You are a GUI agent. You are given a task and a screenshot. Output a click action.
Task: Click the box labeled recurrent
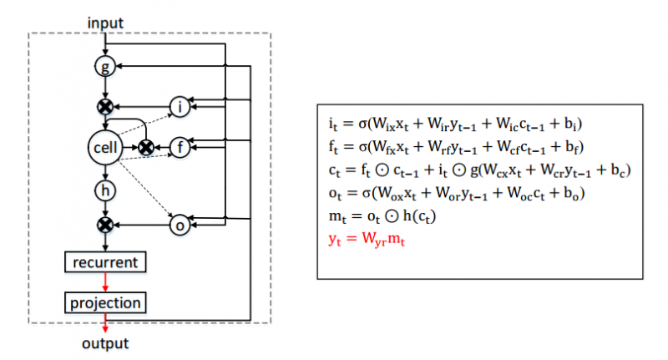tap(105, 262)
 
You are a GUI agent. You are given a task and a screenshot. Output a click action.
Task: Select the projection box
tap(105, 303)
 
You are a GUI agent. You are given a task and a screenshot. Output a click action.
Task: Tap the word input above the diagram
tap(105, 23)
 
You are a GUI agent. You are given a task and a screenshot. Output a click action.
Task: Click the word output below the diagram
tap(105, 343)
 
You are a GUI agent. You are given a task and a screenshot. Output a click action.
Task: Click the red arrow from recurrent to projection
tap(105, 282)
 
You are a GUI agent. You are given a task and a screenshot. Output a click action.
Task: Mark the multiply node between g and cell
tap(105, 107)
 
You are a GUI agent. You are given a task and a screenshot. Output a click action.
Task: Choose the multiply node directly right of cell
tap(146, 147)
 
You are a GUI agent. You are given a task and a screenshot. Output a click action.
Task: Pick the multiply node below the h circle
tap(105, 225)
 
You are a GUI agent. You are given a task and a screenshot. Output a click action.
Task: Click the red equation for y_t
tap(367, 239)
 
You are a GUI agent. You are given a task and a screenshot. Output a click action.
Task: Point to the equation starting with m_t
tap(382, 216)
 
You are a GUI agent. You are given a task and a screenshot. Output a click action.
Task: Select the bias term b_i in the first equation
tap(570, 124)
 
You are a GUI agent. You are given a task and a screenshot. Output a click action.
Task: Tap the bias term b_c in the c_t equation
tap(618, 170)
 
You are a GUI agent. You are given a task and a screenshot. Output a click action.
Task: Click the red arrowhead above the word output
tap(105, 328)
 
